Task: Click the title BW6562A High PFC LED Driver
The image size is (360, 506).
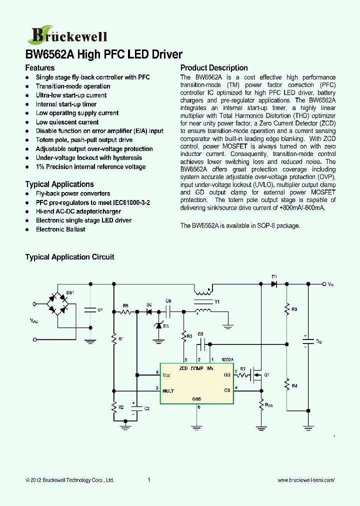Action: pos(103,54)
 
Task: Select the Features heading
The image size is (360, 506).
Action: pos(40,68)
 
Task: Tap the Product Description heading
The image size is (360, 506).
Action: pos(214,68)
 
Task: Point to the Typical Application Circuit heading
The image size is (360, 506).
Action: pos(70,257)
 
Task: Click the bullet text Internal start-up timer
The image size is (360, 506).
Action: pos(66,104)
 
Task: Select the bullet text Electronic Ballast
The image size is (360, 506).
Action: pos(60,229)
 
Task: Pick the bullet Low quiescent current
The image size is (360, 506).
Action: pos(67,122)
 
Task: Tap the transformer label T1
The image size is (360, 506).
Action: pos(217,302)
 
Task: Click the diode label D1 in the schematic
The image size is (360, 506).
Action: pos(274,276)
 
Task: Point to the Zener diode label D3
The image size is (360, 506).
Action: pos(166,326)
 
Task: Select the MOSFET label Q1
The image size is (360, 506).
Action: pos(266,374)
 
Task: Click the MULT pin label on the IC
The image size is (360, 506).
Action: pos(168,390)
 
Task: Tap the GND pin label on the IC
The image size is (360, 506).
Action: pos(196,399)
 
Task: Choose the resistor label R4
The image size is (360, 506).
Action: pos(294,385)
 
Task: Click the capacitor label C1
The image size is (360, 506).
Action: pos(99,310)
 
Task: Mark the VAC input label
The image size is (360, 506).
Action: pos(33,321)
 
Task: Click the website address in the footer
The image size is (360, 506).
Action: pos(305,480)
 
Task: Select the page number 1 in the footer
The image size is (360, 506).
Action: pos(149,480)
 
